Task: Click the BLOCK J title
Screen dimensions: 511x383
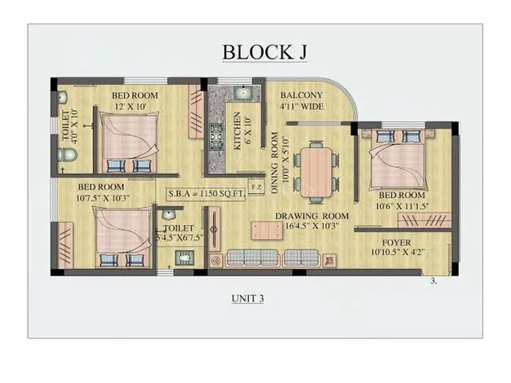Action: (x=264, y=52)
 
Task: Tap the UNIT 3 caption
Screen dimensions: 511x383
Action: (x=247, y=298)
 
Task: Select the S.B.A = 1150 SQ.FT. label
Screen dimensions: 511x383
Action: (x=206, y=194)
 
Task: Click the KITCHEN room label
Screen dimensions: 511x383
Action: (x=238, y=131)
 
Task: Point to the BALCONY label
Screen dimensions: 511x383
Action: (x=301, y=95)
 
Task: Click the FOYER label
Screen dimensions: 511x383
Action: (x=396, y=243)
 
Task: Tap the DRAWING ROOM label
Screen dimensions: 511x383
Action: (x=312, y=216)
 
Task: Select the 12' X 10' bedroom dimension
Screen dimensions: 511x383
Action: (x=131, y=107)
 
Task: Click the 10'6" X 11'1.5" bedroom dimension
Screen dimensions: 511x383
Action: (x=402, y=206)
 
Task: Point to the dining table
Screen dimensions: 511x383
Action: (x=316, y=172)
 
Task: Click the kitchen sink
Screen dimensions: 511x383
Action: (x=242, y=93)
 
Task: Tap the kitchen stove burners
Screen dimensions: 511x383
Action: (x=216, y=137)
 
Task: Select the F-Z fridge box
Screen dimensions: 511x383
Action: (x=256, y=187)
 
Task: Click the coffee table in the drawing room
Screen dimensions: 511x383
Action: (x=267, y=231)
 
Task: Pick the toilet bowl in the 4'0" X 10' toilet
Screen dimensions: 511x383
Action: (x=67, y=155)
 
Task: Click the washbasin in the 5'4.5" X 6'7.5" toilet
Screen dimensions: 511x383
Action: (x=168, y=214)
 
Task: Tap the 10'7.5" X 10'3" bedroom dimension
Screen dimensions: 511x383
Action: (x=103, y=198)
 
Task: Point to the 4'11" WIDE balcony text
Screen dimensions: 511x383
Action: (x=302, y=107)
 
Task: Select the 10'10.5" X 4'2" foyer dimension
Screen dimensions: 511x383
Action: (x=398, y=252)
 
